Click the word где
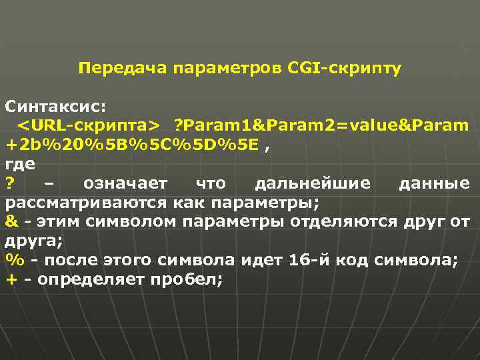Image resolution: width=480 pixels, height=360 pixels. tap(20, 163)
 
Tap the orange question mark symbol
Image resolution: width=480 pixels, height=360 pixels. tap(10, 183)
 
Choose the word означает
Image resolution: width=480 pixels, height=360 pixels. tap(127, 183)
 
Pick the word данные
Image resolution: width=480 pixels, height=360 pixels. tap(433, 183)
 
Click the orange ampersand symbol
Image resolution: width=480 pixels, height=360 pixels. tap(11, 221)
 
